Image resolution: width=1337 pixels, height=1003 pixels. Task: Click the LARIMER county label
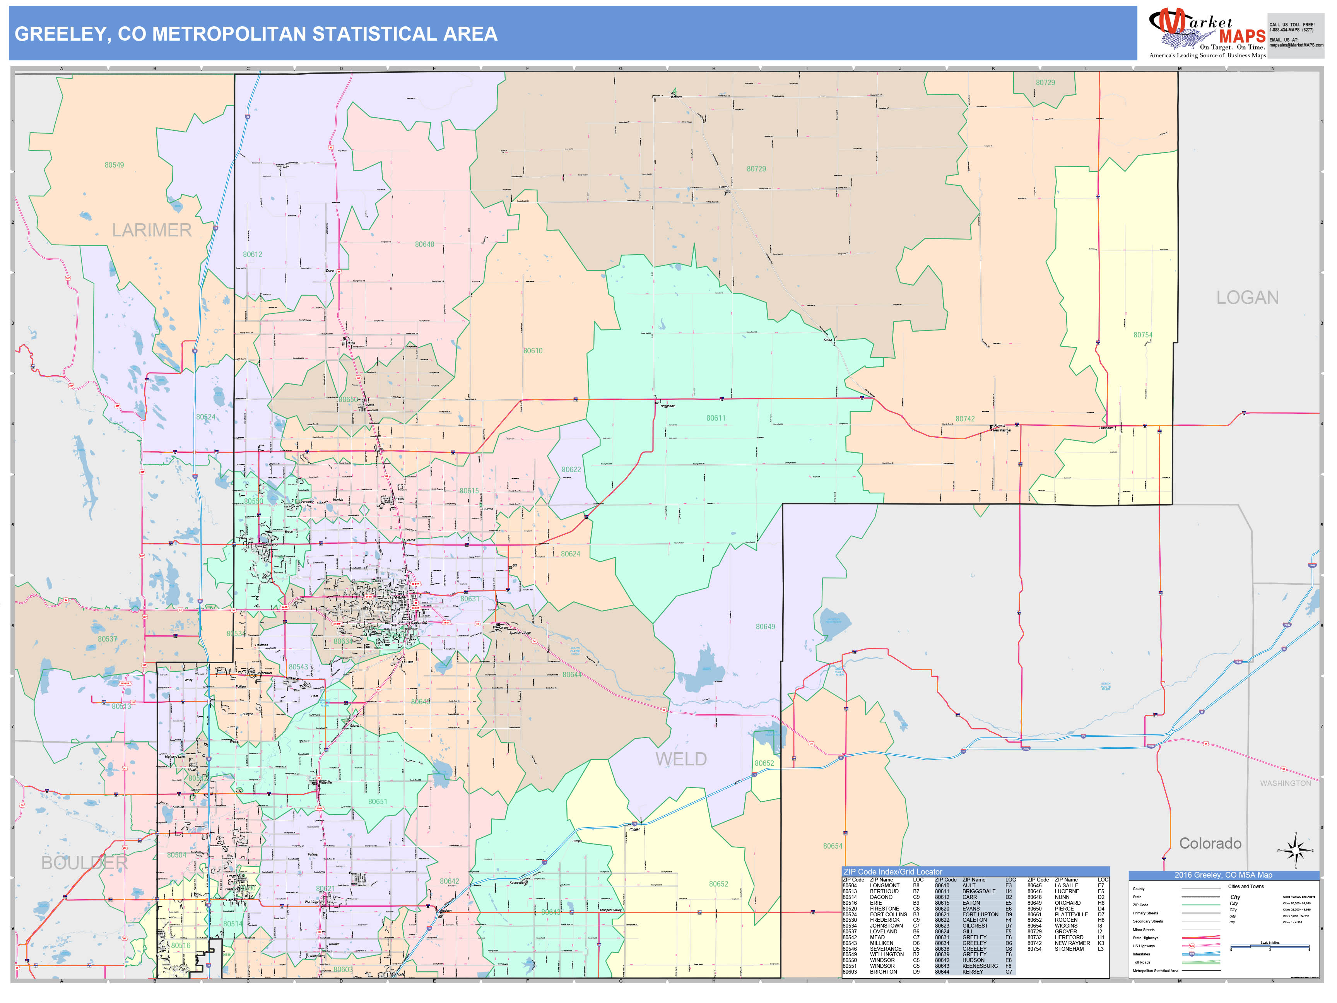(x=152, y=230)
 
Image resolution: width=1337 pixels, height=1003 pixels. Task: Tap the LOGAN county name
(x=1248, y=298)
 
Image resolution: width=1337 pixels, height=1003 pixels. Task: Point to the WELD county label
(x=681, y=759)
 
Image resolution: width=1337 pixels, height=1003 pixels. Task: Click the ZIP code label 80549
(x=114, y=165)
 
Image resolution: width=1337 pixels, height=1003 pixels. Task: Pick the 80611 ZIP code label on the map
(x=716, y=418)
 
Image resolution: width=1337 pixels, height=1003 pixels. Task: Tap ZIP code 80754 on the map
(x=1142, y=335)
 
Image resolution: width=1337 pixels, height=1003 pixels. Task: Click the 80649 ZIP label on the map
(x=765, y=626)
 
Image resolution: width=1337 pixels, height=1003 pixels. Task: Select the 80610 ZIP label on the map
(x=532, y=351)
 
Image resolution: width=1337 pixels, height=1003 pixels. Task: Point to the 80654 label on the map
(x=832, y=846)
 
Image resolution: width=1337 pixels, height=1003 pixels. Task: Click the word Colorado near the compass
(x=1210, y=844)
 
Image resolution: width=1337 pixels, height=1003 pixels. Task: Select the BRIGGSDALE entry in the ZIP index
(x=979, y=891)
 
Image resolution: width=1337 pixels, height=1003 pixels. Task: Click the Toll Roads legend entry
(x=1141, y=962)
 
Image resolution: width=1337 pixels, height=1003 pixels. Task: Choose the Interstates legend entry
(x=1141, y=954)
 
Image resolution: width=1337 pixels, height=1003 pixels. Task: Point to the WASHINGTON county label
(x=1285, y=783)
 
